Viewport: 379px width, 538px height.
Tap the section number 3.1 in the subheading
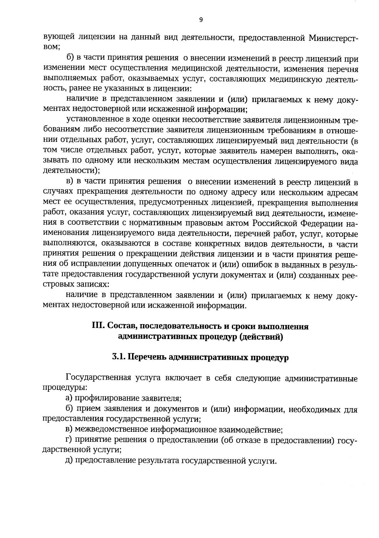click(x=118, y=357)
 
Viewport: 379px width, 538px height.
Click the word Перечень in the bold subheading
click(x=146, y=357)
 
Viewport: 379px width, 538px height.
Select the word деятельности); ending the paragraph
click(x=71, y=171)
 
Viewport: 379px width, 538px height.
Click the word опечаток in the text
click(x=187, y=264)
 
